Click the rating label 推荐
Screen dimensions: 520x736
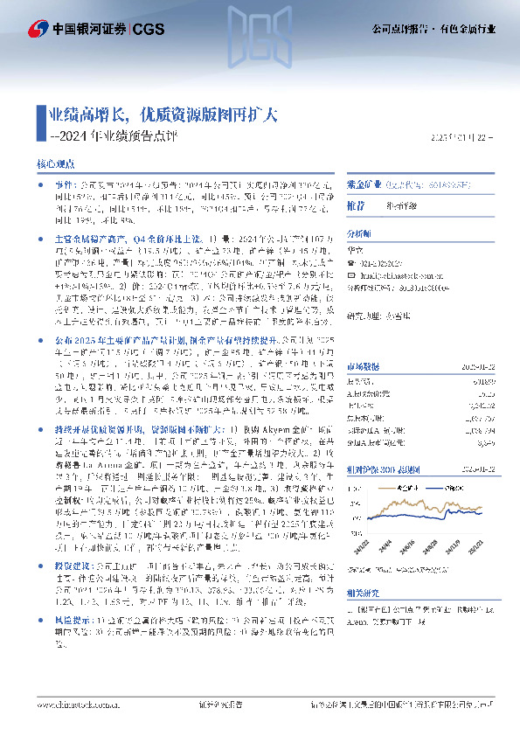point(356,204)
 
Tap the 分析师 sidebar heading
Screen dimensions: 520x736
point(359,234)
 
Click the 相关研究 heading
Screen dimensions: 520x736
point(362,566)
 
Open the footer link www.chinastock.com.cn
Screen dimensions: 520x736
point(80,702)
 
